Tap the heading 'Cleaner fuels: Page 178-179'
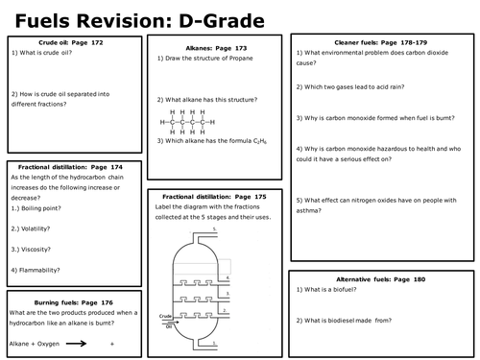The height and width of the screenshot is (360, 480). (x=383, y=44)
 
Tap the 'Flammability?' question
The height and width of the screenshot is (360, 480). (x=41, y=271)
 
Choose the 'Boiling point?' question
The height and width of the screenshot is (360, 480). (x=40, y=208)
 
